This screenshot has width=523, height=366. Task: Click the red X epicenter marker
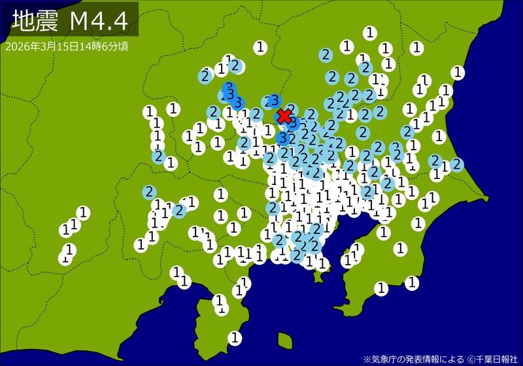click(284, 116)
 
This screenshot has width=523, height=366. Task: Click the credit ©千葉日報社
click(491, 359)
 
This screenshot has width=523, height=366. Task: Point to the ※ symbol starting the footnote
click(367, 359)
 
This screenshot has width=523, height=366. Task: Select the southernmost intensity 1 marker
click(235, 337)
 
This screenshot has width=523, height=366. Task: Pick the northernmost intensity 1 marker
click(370, 32)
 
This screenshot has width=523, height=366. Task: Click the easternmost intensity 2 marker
click(456, 164)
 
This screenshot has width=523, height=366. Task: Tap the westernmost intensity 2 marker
click(149, 192)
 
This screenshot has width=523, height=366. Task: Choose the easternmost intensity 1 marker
click(458, 72)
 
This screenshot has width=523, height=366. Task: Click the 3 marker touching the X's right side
click(294, 123)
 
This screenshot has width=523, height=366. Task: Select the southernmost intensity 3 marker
click(282, 139)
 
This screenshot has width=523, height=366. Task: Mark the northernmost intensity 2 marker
click(326, 55)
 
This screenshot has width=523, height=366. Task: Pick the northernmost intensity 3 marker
click(228, 88)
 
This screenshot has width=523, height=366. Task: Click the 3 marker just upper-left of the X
click(273, 101)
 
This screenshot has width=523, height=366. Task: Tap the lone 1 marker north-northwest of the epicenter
click(261, 46)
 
